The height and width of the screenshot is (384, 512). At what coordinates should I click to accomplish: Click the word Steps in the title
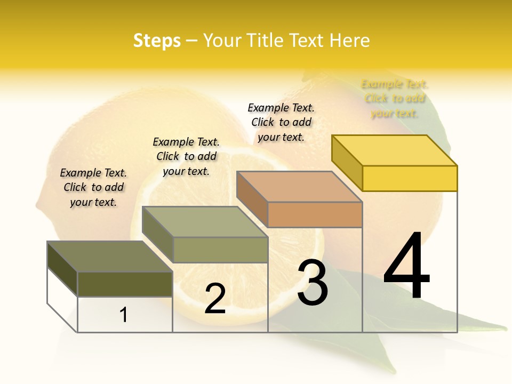157,41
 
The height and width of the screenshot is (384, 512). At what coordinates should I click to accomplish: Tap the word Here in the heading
349,41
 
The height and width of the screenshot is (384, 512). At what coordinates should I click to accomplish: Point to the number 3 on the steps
313,282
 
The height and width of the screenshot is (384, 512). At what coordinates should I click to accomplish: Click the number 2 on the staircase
215,299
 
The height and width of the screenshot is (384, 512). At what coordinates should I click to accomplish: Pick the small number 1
124,315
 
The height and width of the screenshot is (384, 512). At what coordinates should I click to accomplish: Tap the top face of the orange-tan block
299,187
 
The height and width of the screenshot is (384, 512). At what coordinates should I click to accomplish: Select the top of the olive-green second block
205,222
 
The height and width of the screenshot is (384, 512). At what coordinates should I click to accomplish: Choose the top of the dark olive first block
110,257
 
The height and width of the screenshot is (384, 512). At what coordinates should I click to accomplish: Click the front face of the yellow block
410,178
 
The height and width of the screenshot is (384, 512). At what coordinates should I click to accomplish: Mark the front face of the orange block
315,214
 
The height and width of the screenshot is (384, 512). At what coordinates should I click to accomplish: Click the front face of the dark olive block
125,284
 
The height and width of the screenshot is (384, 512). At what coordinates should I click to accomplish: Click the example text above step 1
93,187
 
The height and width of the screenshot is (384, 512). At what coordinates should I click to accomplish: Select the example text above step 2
186,156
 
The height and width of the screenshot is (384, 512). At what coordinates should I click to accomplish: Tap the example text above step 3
281,122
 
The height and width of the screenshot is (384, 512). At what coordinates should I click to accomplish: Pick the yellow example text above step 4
395,99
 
